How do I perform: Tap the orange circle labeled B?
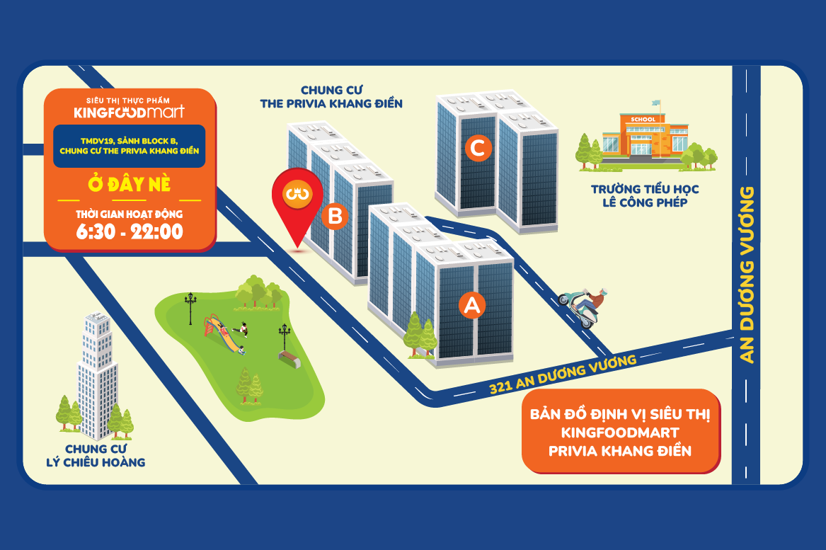pos(335,216)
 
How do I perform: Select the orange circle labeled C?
pos(478,147)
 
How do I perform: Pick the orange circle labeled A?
pos(472,305)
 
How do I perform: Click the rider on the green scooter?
pos(585,308)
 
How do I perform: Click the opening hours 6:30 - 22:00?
pos(130,231)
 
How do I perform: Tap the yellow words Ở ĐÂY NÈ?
pos(130,184)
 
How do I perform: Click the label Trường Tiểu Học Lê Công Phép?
pos(645,196)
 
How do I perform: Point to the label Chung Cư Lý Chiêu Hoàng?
pos(96,456)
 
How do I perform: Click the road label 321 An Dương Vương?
pos(563,374)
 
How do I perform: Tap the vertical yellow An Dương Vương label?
pos(747,275)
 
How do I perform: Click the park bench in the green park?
pos(289,360)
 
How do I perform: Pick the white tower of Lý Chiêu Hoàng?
pos(98,376)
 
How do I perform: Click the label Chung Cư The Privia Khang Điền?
pos(331,97)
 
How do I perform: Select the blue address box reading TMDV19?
pos(129,146)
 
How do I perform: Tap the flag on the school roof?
pos(656,103)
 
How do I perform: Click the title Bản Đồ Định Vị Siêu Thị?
pos(620,414)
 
